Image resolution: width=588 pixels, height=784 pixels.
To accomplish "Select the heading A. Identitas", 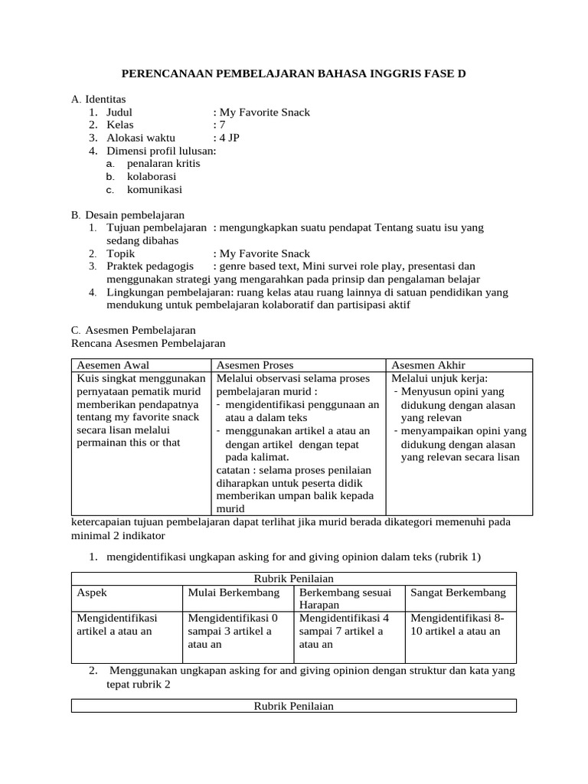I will (x=98, y=99).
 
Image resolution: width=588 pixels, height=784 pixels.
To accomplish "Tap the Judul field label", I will (x=119, y=112).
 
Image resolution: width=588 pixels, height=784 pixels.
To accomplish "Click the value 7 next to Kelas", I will (x=222, y=125).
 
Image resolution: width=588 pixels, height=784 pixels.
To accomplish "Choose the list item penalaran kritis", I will (x=163, y=164).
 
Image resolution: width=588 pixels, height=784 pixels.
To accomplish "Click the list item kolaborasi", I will (x=151, y=177).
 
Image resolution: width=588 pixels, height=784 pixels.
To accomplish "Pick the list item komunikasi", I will (x=155, y=190).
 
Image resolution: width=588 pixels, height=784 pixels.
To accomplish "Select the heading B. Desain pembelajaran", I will (x=127, y=215).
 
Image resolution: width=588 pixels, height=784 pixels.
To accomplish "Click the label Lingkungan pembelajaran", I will (x=169, y=292).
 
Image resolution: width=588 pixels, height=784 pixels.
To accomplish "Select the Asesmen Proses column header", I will (x=256, y=365).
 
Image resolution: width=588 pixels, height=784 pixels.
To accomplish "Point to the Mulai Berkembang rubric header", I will (x=234, y=593).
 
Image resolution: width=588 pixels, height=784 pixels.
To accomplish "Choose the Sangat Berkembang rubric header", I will (x=458, y=593).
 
